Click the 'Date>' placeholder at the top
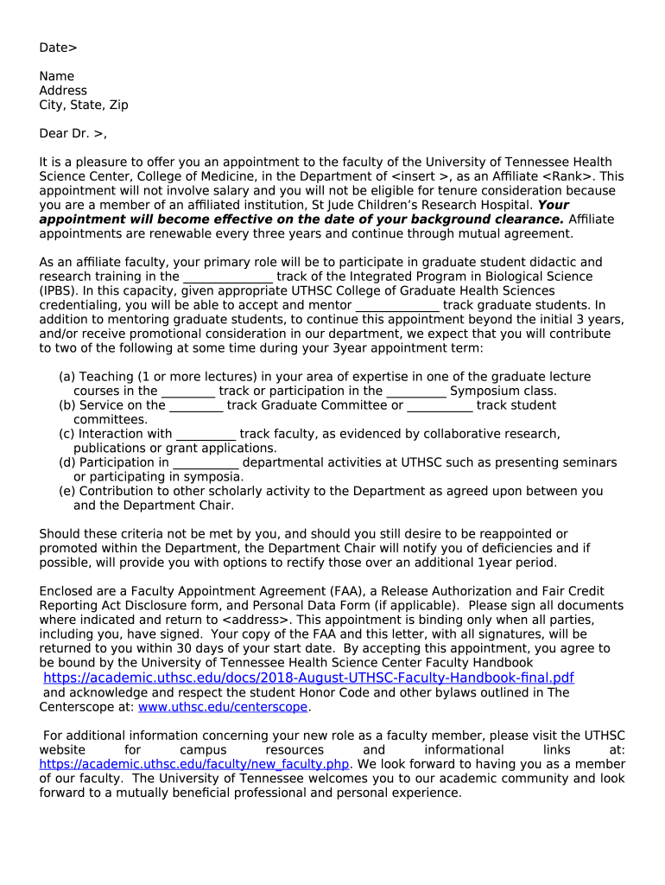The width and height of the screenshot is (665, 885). (58, 48)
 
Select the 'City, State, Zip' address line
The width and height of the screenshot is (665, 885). (83, 105)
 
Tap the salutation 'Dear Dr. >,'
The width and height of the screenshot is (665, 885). (73, 133)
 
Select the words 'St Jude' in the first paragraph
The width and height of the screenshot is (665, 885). (332, 205)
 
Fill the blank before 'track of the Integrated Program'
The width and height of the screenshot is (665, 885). (228, 277)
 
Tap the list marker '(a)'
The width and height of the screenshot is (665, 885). (67, 377)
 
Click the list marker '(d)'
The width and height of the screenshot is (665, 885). (67, 462)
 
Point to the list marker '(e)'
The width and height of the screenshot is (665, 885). (67, 491)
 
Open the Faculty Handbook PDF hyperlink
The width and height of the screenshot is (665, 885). (308, 678)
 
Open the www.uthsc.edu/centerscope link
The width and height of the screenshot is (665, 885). (223, 707)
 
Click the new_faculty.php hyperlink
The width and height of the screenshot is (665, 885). (194, 764)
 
